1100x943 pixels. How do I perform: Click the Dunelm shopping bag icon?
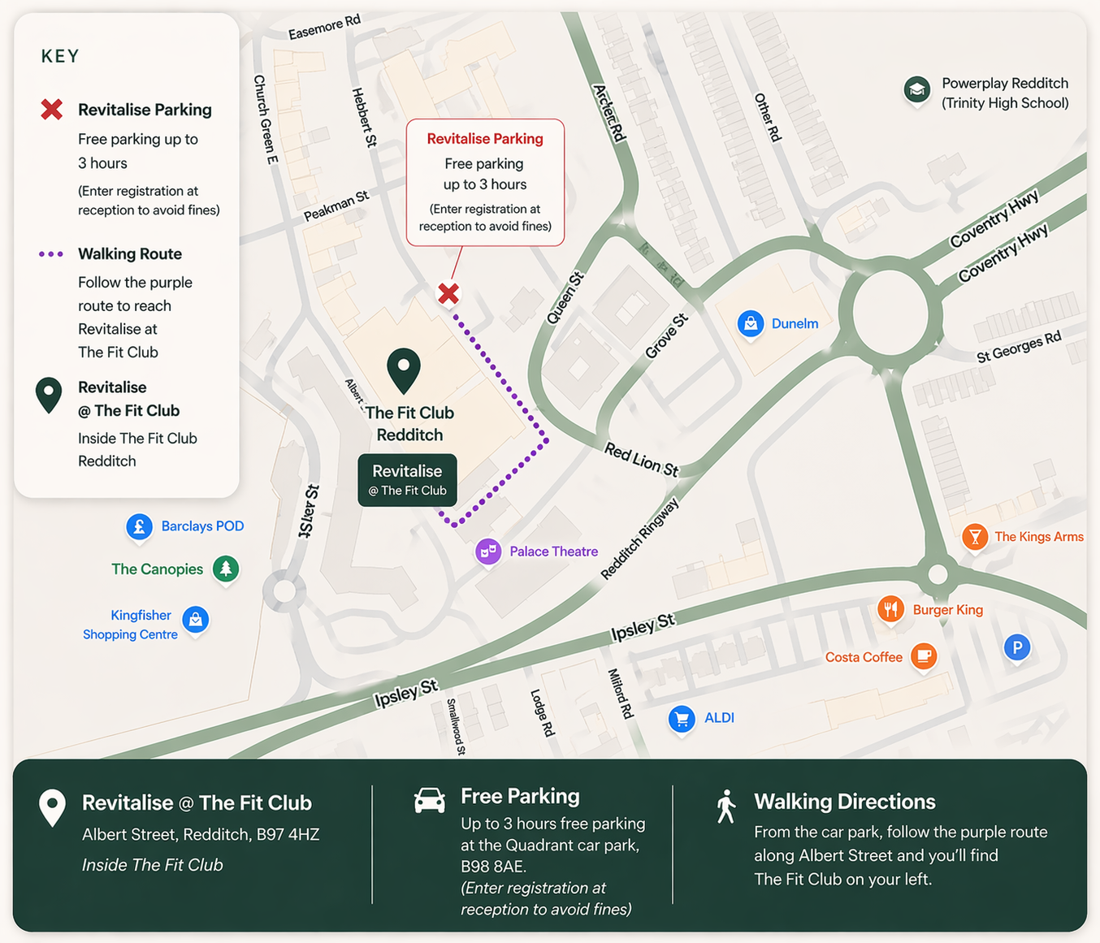751,323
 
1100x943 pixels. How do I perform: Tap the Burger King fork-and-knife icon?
890,608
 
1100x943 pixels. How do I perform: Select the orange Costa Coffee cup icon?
924,655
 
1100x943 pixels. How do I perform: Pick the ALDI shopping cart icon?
682,718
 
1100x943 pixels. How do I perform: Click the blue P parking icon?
1016,647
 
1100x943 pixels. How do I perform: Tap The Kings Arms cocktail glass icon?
975,536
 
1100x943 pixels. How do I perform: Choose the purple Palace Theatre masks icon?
488,552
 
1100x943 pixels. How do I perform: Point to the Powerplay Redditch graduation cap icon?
917,89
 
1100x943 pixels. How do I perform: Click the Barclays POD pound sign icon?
140,526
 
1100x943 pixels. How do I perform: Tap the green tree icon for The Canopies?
226,568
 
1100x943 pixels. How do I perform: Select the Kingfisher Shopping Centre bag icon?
195,620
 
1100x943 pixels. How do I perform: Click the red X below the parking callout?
448,293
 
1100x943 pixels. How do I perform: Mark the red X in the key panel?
52,109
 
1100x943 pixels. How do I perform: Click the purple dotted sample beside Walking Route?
51,254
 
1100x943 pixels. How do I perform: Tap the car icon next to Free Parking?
430,800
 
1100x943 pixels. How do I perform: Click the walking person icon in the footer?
725,807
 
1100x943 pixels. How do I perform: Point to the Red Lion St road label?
641,460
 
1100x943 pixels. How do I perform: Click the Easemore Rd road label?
324,27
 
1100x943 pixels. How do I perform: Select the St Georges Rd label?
1019,347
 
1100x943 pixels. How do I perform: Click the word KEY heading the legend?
60,56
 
